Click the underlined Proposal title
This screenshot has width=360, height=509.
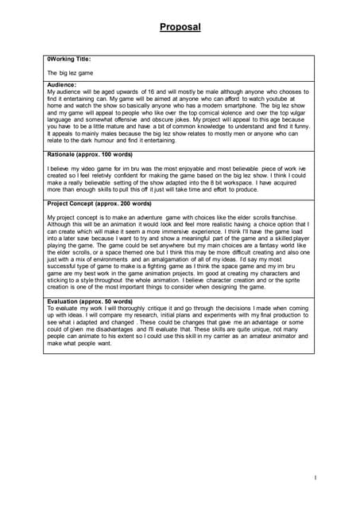[x=180, y=27]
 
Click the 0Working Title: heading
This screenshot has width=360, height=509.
[x=69, y=59]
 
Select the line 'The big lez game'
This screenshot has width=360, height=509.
[x=70, y=72]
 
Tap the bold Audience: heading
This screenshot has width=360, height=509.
[x=62, y=84]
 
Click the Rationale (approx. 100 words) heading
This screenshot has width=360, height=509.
[x=90, y=153]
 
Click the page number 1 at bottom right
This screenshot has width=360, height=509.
[x=315, y=478]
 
